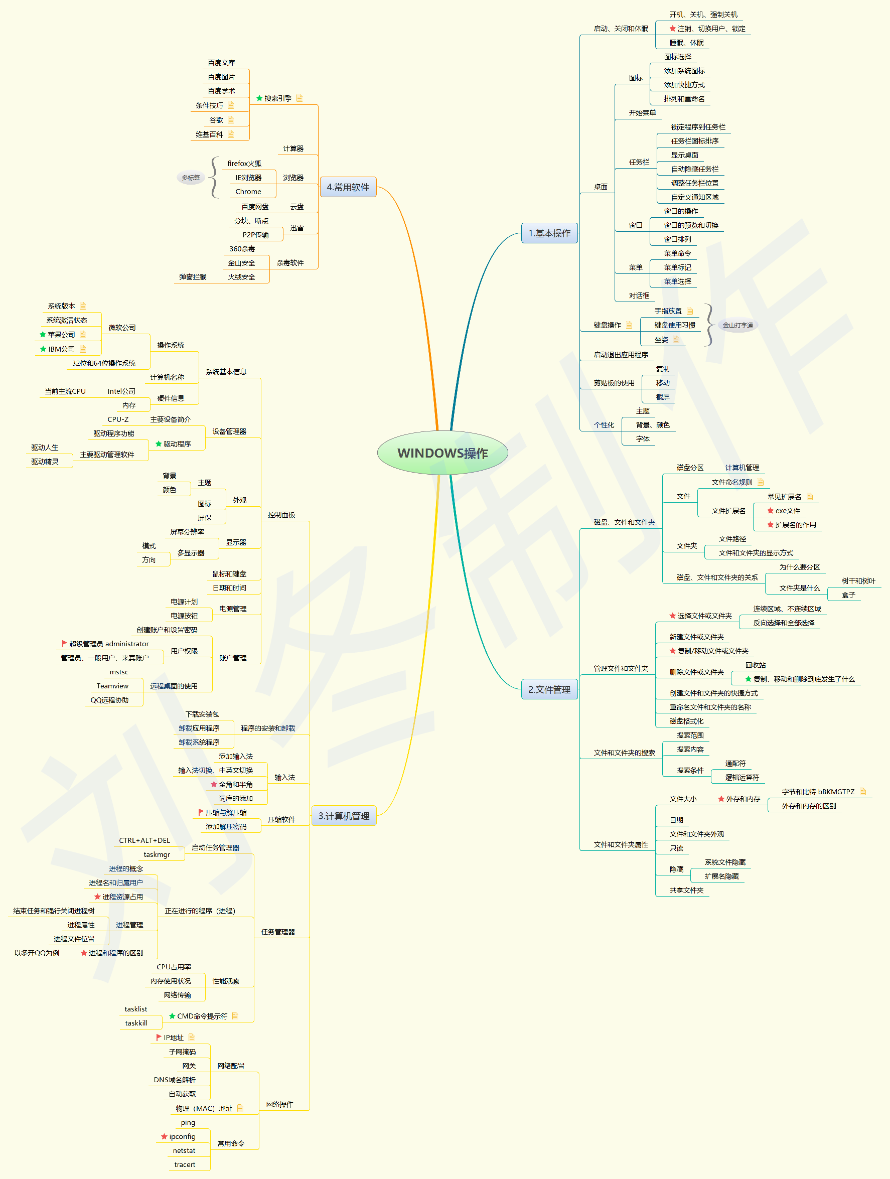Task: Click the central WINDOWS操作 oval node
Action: [442, 453]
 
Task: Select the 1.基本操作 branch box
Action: [549, 233]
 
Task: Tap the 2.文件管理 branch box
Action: [549, 689]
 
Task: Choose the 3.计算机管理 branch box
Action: [344, 816]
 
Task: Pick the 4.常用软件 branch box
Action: [348, 187]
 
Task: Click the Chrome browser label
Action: [248, 192]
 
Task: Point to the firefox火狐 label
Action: [244, 164]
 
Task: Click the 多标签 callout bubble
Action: [191, 178]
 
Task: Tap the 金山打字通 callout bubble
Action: [737, 325]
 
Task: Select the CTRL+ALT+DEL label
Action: [144, 840]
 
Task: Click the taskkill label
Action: [136, 1023]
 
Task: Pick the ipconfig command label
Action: [182, 1136]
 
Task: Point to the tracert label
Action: [185, 1164]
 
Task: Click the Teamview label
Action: [112, 686]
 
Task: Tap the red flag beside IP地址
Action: [159, 1037]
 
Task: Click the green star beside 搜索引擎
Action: [259, 98]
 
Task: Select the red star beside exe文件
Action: [770, 511]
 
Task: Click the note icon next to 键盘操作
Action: [630, 325]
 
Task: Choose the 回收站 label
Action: [755, 665]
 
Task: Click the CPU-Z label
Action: [118, 419]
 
